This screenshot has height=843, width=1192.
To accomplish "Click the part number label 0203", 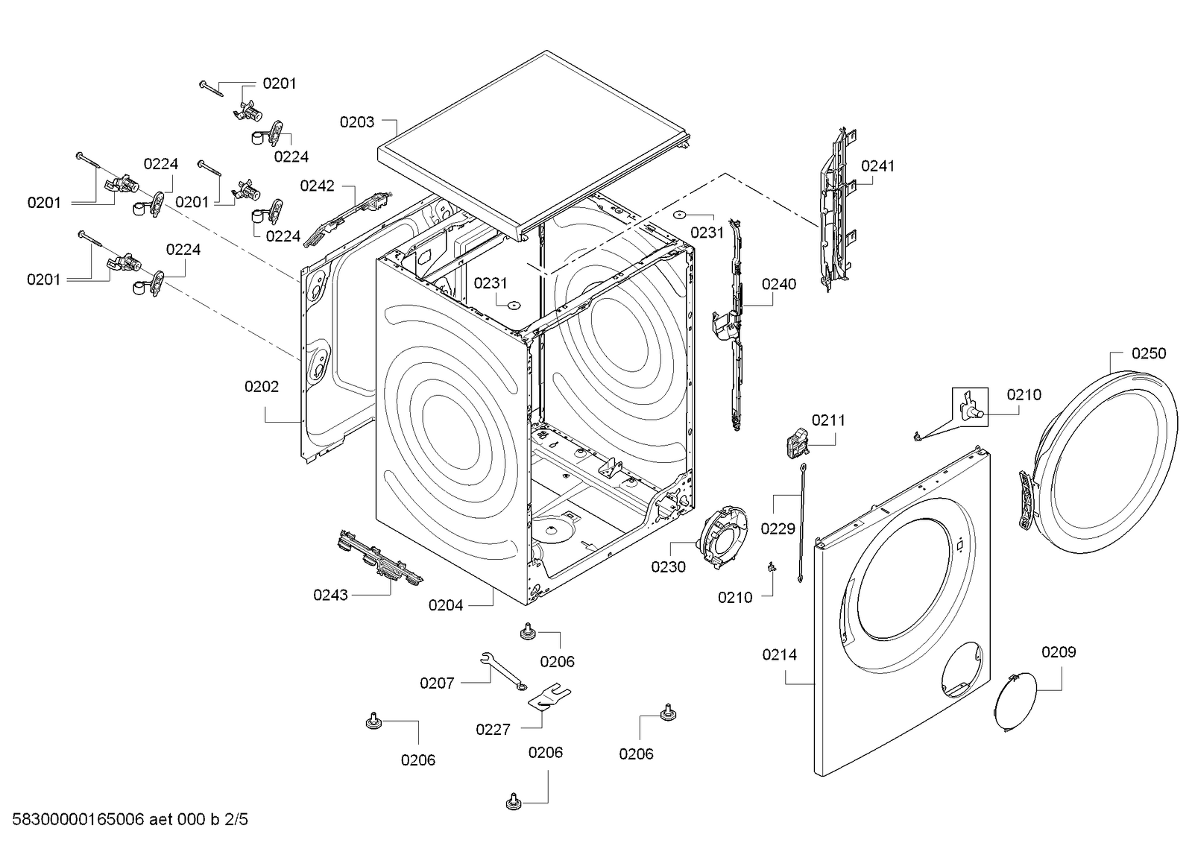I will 357,122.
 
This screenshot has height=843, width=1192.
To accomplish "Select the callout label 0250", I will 1148,353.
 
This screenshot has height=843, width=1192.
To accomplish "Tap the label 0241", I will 877,166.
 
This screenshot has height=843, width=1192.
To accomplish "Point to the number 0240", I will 778,284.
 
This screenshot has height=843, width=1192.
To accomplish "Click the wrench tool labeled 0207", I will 502,669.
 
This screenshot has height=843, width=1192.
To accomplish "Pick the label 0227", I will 493,730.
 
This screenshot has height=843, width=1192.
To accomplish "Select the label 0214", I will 779,655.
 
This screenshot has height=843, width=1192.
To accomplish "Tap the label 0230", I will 668,567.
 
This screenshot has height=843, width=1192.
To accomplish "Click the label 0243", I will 330,596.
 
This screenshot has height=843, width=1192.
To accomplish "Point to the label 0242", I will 317,186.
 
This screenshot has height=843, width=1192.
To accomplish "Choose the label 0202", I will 262,387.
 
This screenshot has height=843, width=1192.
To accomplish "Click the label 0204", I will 445,606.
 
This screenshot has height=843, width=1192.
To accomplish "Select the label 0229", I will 778,529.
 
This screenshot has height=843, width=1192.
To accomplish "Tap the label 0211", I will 828,420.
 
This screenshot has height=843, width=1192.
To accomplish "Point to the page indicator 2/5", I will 236,821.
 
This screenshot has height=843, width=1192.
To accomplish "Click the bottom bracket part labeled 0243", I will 379,557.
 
